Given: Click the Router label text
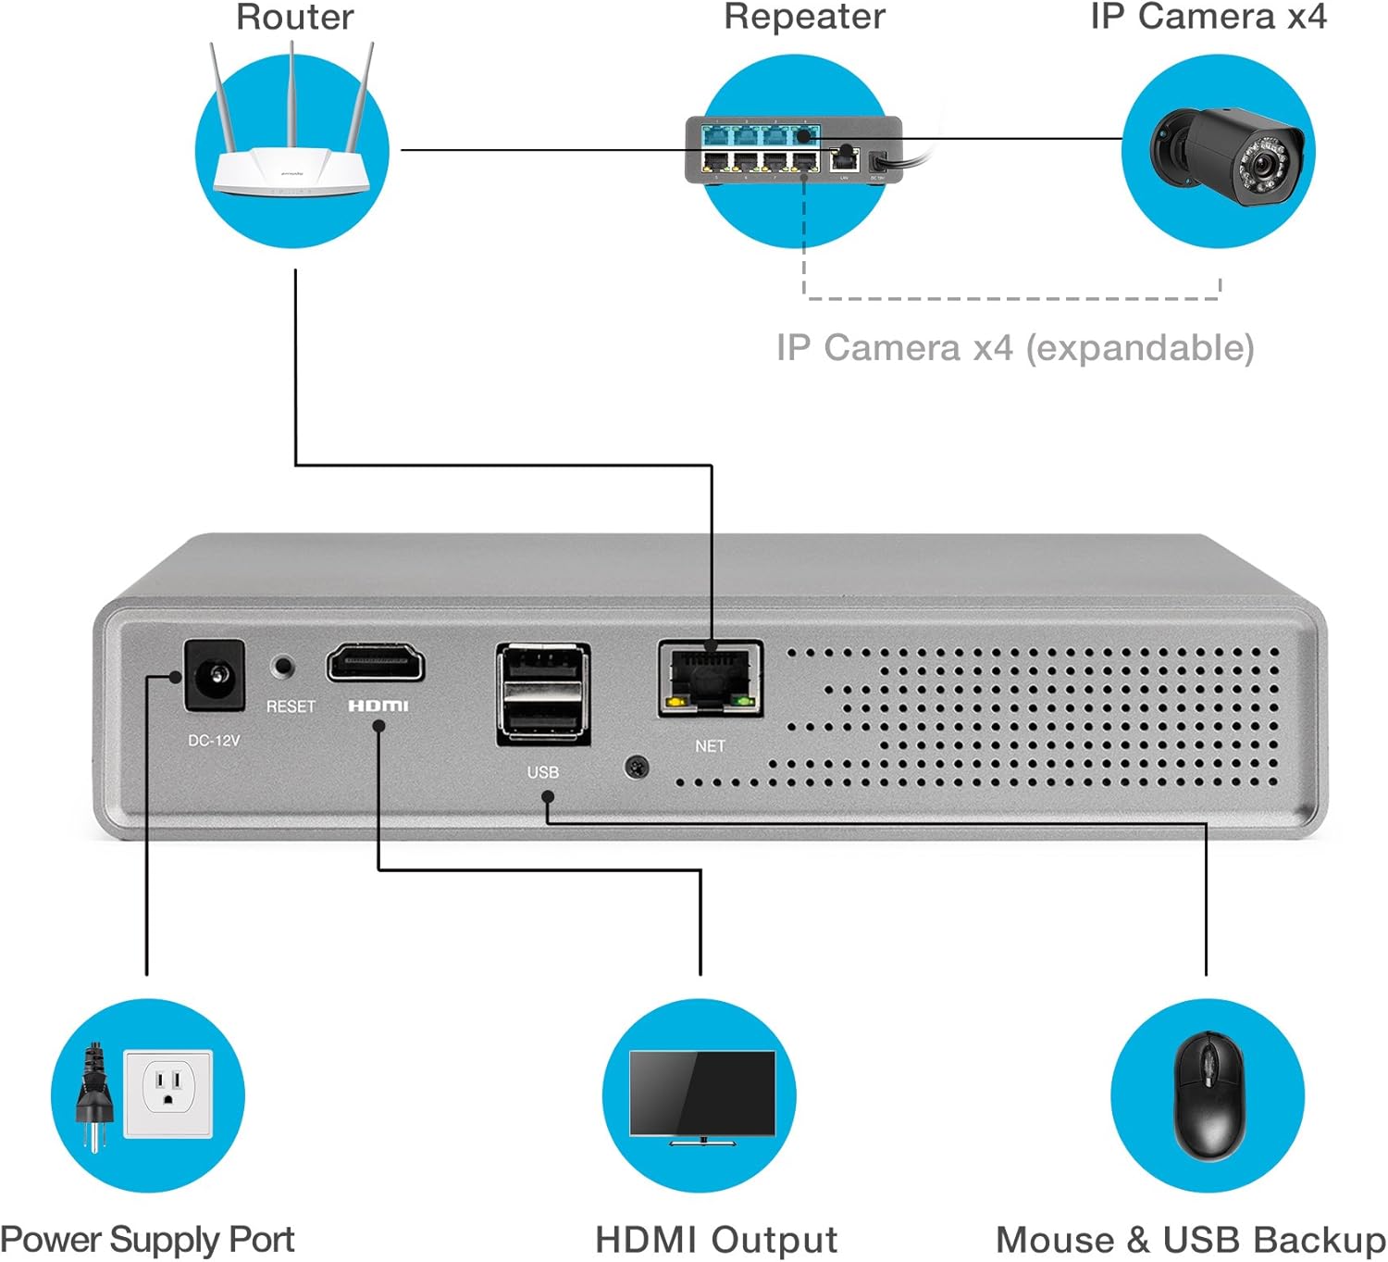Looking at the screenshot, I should pos(295,17).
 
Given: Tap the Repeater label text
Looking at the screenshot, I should pos(804,17).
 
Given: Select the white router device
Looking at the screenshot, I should pos(291,167).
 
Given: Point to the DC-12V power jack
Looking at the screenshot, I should pos(215,675).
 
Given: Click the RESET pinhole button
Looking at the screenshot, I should pos(283,666).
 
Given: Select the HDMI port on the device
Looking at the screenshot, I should pos(375,664).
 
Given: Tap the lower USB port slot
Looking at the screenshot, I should pos(542,716).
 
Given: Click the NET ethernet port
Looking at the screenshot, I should pos(710,678).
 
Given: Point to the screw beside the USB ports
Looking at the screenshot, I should pos(637,767).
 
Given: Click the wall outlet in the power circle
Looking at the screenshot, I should pos(168,1093).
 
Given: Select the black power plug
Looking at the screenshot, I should pos(93,1097).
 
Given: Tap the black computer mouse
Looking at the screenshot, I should pos(1208,1095).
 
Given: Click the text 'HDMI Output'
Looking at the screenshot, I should pos(716,1240).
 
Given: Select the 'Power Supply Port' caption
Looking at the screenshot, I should pos(148,1240).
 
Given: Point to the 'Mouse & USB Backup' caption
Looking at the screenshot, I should pos(1191,1240).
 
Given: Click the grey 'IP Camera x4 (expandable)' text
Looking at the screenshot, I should pos(1015,348).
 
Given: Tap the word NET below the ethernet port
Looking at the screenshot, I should pos(710,746).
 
